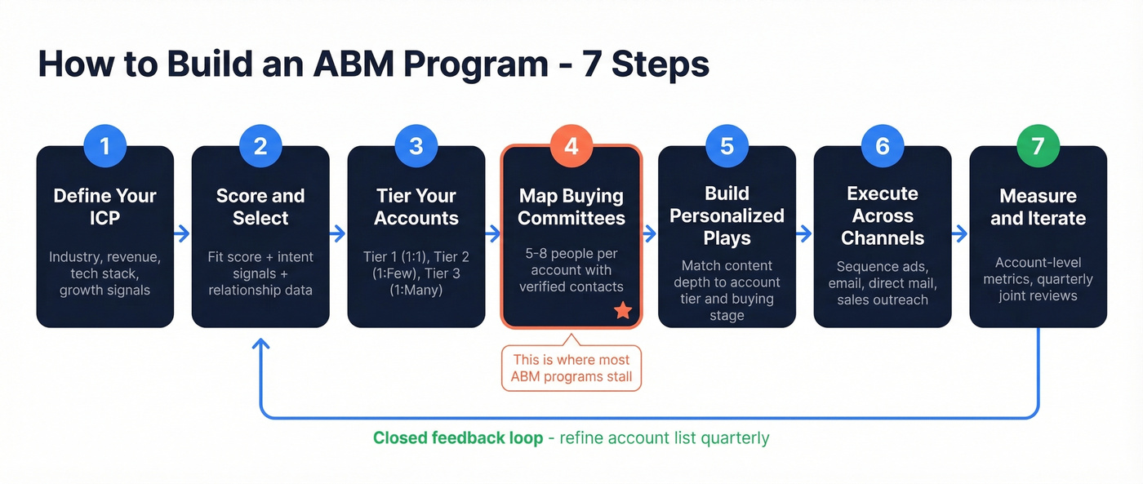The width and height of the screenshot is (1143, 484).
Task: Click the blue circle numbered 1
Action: pyautogui.click(x=105, y=146)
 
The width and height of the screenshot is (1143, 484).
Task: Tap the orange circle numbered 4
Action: pyautogui.click(x=571, y=146)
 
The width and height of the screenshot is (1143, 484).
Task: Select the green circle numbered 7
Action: pyautogui.click(x=1038, y=146)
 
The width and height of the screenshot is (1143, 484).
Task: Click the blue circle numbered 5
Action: pyautogui.click(x=727, y=146)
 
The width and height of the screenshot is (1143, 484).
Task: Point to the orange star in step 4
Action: pyautogui.click(x=623, y=310)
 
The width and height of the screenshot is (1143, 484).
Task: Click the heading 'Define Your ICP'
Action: pyautogui.click(x=105, y=207)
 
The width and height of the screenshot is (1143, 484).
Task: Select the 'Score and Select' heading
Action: pyautogui.click(x=260, y=207)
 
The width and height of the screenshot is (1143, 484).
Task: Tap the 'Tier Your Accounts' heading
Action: pyautogui.click(x=416, y=207)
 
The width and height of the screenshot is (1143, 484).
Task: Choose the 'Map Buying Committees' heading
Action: pyautogui.click(x=571, y=207)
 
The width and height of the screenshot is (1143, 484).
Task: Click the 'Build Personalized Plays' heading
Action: pyautogui.click(x=727, y=215)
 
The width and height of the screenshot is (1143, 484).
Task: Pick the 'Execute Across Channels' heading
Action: pyautogui.click(x=883, y=215)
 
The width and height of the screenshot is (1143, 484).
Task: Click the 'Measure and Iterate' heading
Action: pyautogui.click(x=1038, y=207)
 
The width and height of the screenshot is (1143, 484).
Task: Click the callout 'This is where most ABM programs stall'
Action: pyautogui.click(x=571, y=368)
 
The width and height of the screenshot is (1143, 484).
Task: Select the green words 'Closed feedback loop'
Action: pyautogui.click(x=457, y=438)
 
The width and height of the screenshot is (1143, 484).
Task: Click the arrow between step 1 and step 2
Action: pyautogui.click(x=183, y=234)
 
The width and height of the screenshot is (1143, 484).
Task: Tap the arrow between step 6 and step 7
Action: pyautogui.click(x=960, y=234)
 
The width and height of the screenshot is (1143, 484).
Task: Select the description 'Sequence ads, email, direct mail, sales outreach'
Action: pyautogui.click(x=883, y=282)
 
